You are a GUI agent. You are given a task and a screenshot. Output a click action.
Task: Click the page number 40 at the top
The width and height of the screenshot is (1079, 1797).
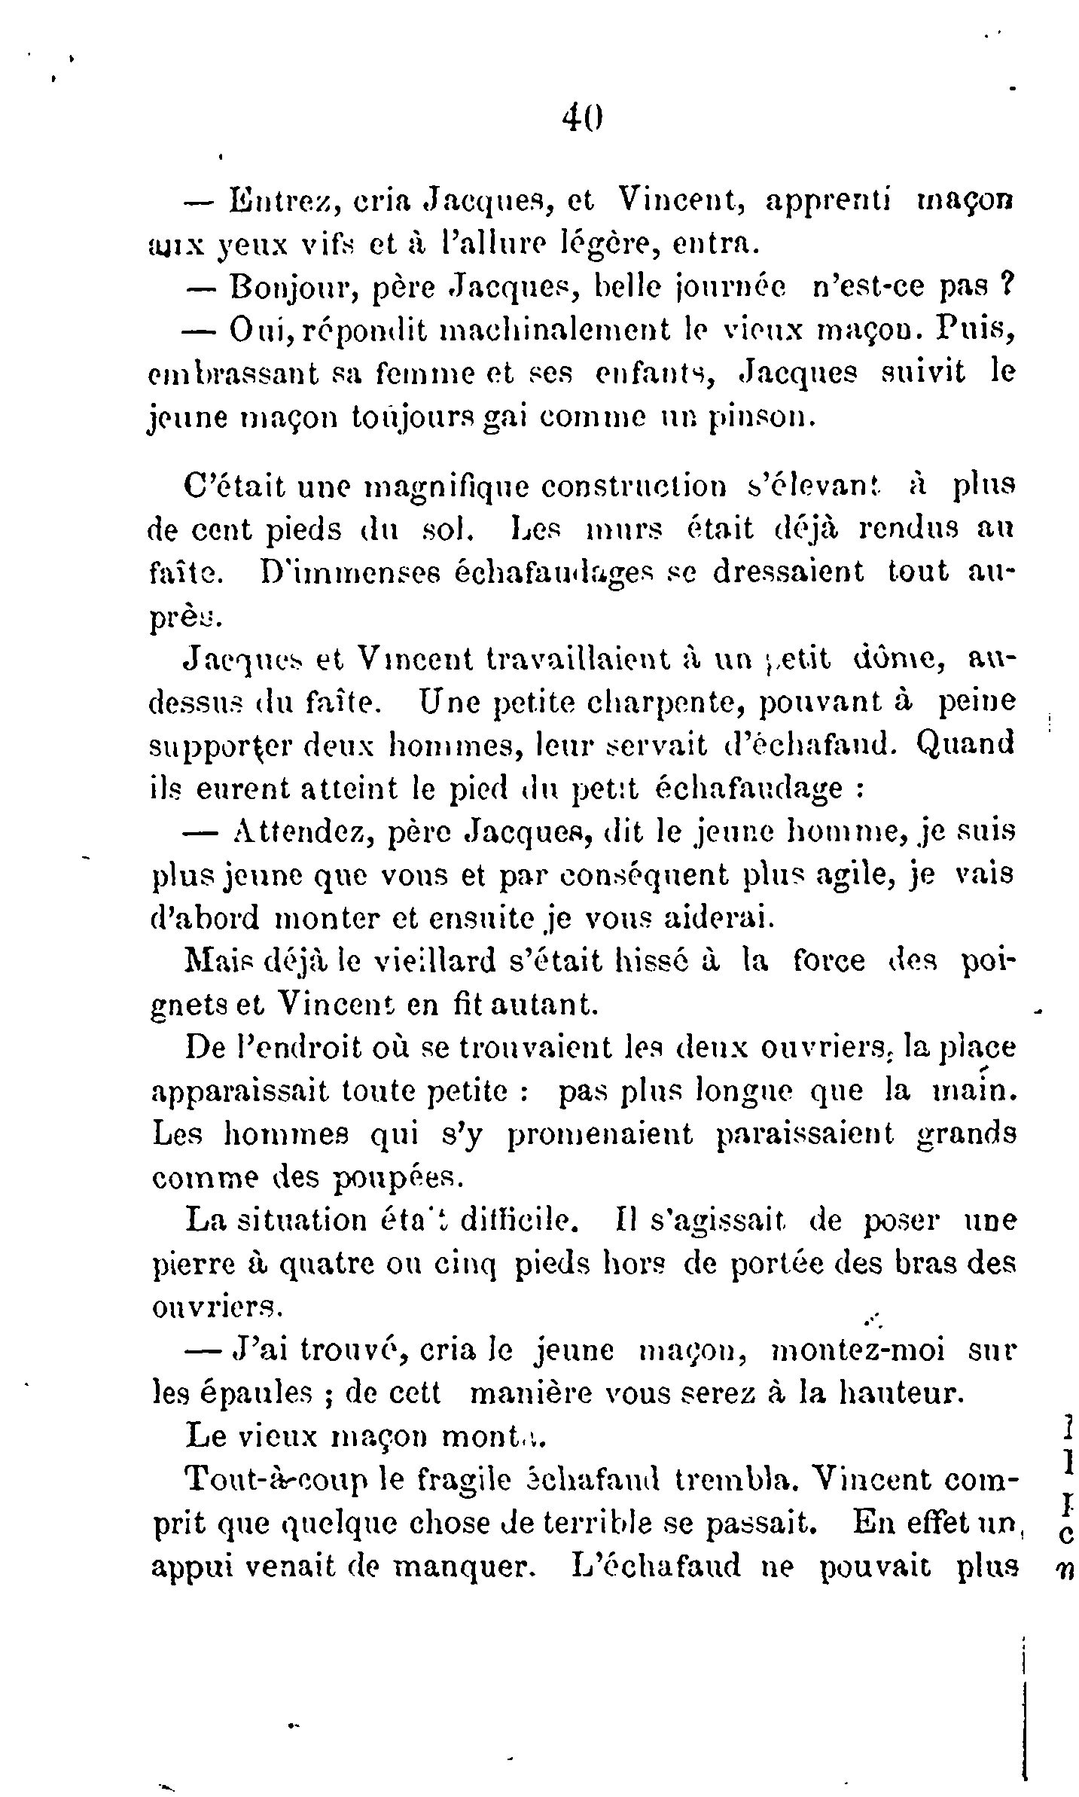[584, 117]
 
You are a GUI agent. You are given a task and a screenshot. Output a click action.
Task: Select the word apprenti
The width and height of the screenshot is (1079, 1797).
[828, 202]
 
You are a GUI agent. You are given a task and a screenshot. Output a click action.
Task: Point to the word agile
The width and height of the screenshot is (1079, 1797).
[825, 876]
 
